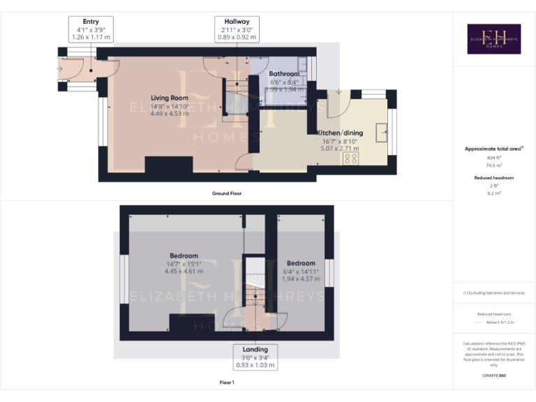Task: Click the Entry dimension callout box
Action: point(91,30)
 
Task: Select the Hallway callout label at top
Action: point(237,30)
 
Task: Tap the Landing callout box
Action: point(255,357)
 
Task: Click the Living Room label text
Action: point(170,98)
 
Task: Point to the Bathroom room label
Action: point(284,73)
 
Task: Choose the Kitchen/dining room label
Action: point(340,133)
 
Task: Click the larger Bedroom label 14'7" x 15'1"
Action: point(184,255)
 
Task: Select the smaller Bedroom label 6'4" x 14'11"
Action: point(301,263)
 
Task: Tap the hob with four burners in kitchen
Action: point(350,158)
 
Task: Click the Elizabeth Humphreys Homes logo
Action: point(493,39)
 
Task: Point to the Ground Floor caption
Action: point(228,193)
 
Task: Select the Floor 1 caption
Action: point(227,382)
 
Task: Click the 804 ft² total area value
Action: point(494,158)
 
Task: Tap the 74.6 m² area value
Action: point(494,167)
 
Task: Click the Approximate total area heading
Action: point(493,149)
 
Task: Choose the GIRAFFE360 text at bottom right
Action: point(493,376)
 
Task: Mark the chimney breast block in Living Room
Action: point(168,165)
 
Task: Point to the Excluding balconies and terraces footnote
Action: point(494,292)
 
